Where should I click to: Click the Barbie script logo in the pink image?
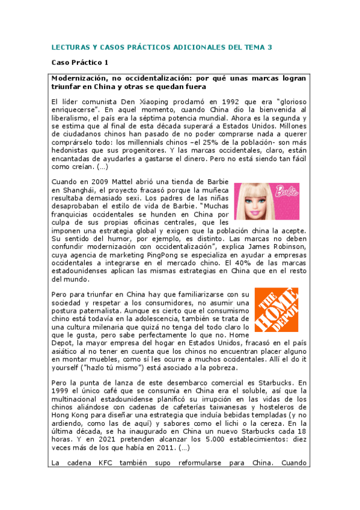click(x=285, y=193)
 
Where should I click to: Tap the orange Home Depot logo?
click(x=276, y=310)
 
